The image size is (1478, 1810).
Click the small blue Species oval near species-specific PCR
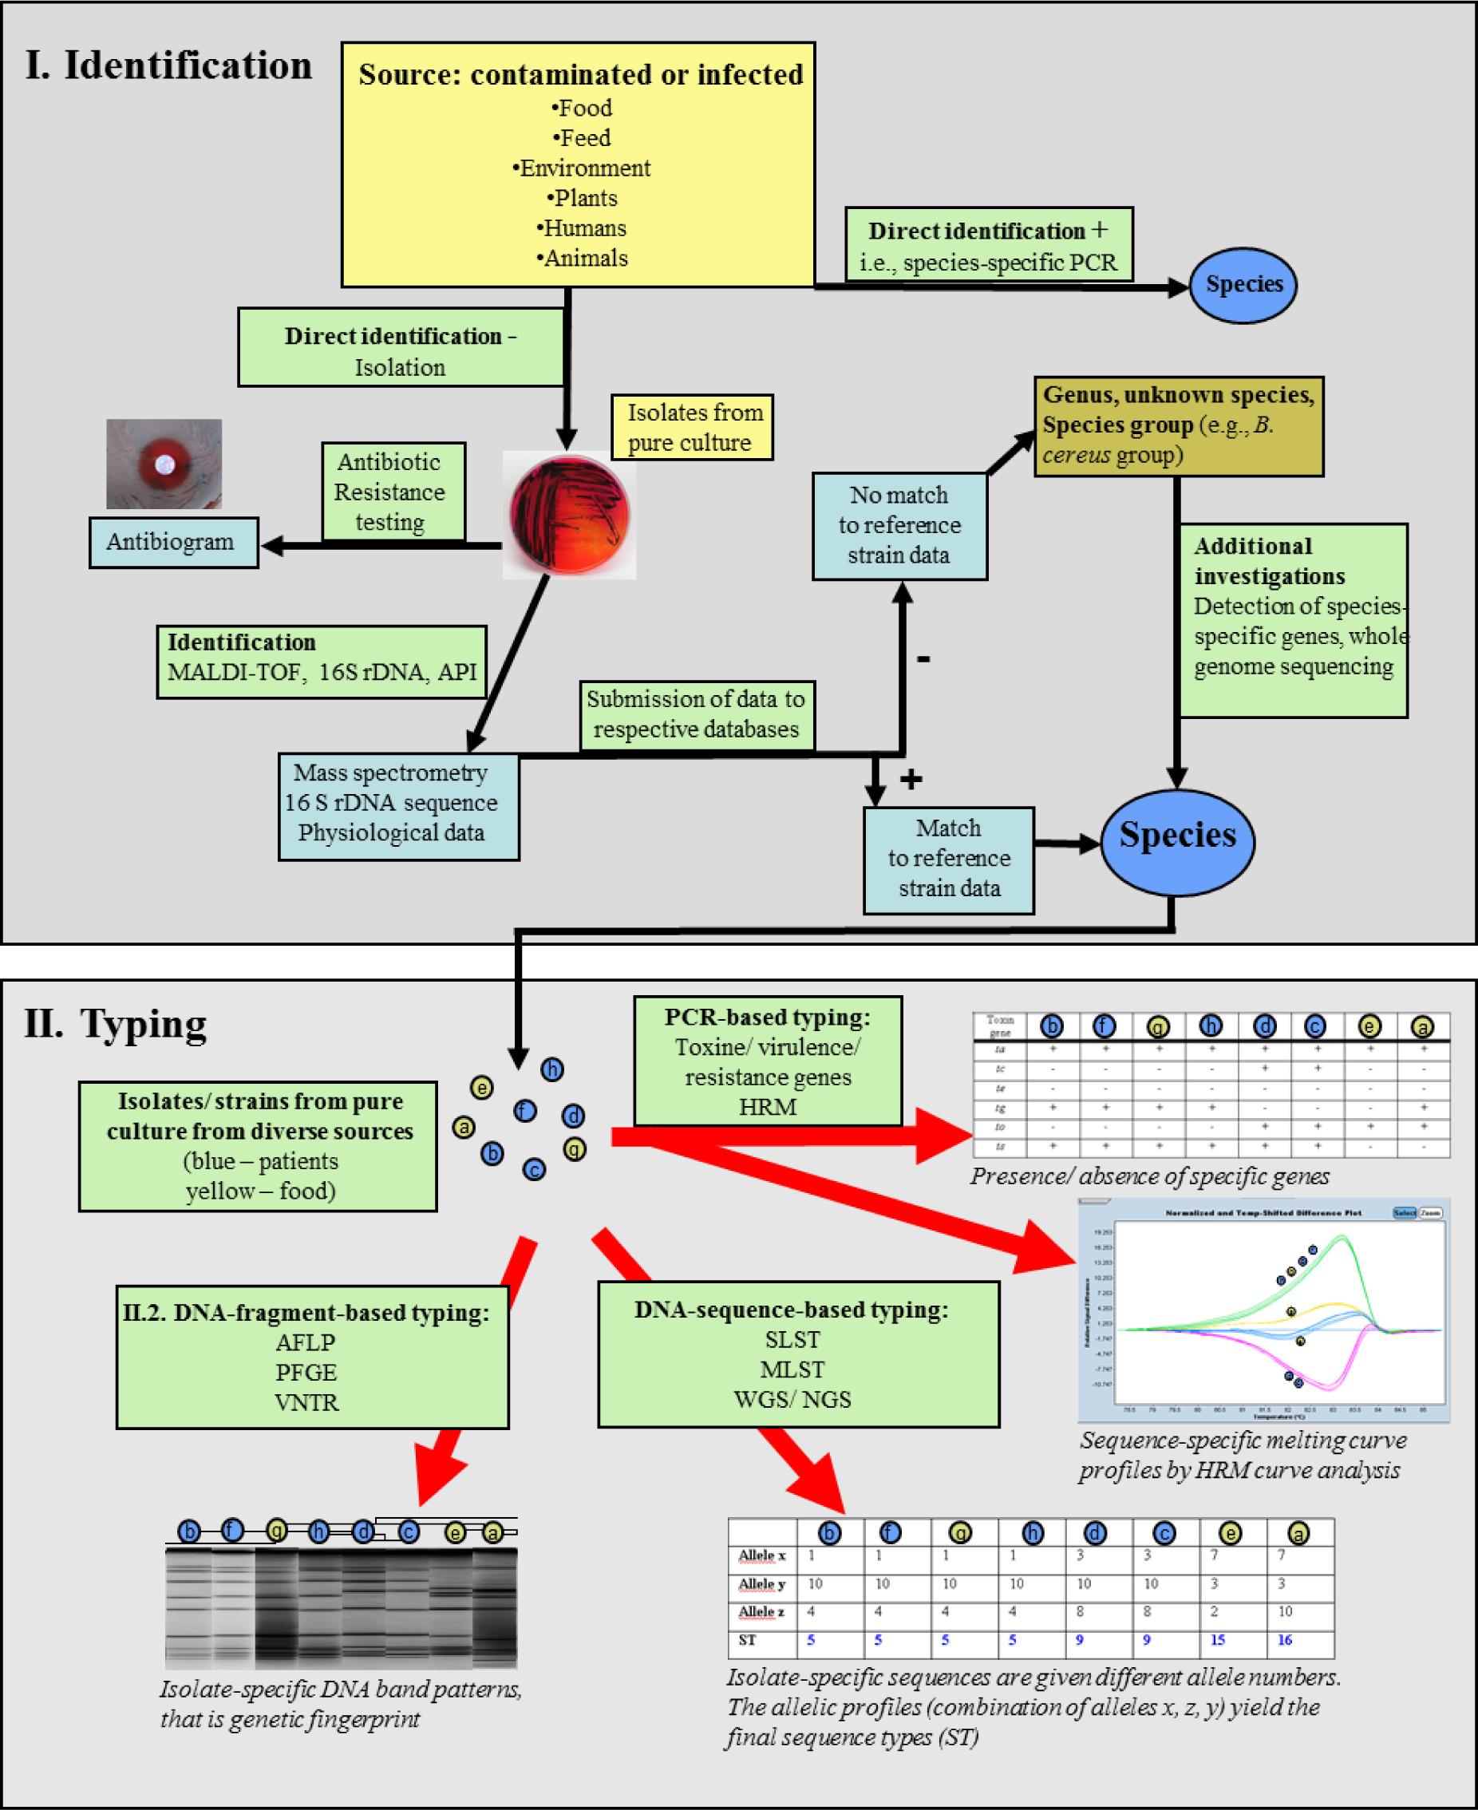tap(1243, 284)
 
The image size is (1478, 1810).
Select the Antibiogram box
tap(173, 543)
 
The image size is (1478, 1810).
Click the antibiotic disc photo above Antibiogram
tap(164, 464)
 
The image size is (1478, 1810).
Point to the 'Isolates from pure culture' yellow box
tap(692, 428)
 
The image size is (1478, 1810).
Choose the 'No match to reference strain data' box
tap(899, 525)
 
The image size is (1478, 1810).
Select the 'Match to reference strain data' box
tap(948, 859)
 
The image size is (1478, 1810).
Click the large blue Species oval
tap(1177, 837)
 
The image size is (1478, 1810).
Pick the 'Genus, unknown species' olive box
tap(1177, 425)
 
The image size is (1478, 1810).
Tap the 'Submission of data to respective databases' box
tap(697, 715)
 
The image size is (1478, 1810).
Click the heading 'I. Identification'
tap(168, 66)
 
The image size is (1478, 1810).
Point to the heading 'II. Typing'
tap(116, 1023)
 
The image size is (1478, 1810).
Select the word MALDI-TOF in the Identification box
tap(234, 673)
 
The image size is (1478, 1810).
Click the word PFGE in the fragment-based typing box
tap(306, 1373)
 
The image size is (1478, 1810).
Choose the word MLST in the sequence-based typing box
tap(792, 1369)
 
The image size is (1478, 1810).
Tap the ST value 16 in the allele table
tap(1285, 1640)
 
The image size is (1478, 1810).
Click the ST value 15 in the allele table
tap(1218, 1640)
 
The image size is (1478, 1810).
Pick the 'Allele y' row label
tap(761, 1584)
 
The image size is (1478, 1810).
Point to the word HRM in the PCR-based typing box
tap(768, 1107)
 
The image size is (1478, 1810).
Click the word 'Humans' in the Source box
tap(584, 228)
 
